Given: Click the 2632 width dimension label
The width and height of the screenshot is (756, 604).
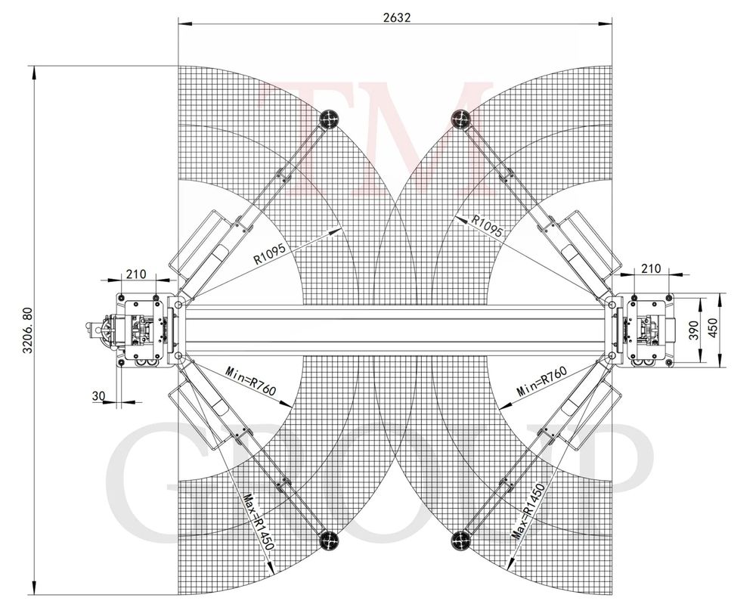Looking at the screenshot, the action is tap(397, 17).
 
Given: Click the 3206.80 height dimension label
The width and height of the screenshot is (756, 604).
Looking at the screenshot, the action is tap(27, 330).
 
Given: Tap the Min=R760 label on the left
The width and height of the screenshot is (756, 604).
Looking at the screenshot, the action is tap(251, 380).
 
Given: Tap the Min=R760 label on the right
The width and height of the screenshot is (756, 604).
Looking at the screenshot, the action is tap(541, 381).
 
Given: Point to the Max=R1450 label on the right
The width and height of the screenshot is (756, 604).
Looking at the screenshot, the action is tap(528, 511).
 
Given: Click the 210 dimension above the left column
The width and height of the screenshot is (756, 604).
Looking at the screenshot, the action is tap(136, 274).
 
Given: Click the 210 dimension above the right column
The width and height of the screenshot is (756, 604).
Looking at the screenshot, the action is tap(652, 268).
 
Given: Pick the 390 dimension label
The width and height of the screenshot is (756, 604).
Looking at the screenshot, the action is tap(693, 330).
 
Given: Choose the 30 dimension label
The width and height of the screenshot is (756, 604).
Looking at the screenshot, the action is tap(98, 396).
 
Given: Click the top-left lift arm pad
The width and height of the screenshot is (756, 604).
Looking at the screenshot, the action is tap(330, 117).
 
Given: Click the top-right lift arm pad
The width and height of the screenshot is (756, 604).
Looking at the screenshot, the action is tap(460, 117).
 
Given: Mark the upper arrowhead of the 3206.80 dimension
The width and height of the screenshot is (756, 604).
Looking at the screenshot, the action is tap(34, 73).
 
